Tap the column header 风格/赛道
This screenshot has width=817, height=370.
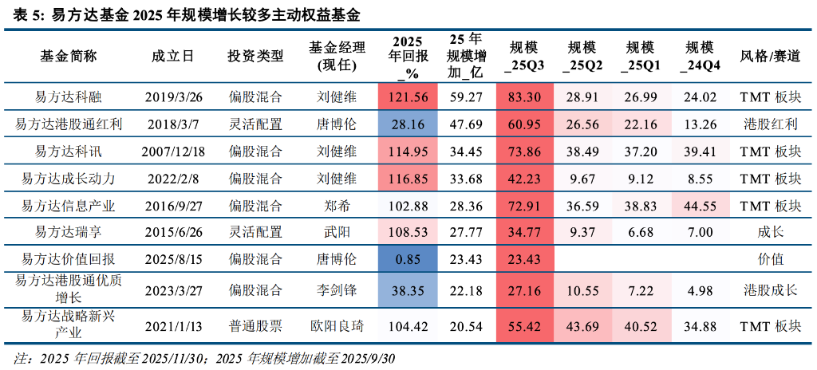[770, 56]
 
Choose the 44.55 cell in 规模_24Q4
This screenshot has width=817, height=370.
[700, 206]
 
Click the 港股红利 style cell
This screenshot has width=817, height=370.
[770, 124]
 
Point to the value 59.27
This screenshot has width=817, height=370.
[466, 97]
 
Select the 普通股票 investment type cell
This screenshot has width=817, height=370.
[255, 325]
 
